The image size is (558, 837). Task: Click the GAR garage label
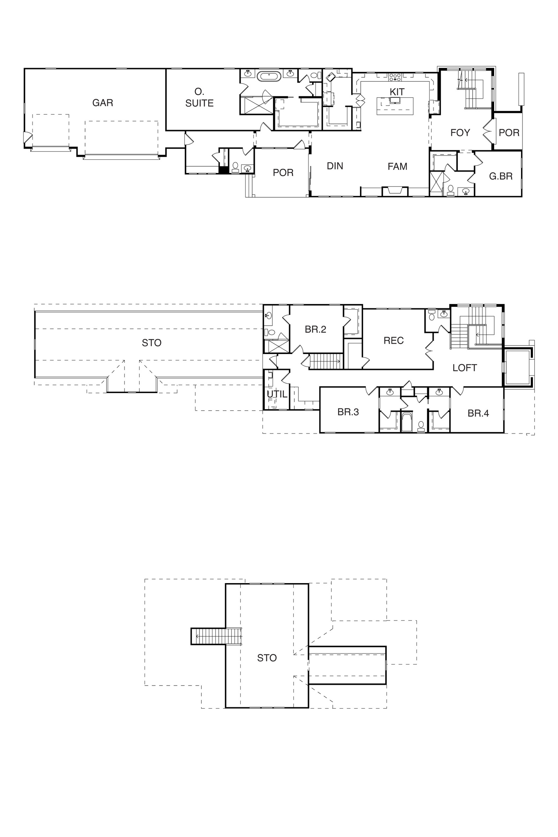tap(103, 103)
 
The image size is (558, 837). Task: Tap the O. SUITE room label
tap(199, 98)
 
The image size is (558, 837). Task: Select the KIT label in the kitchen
tap(397, 92)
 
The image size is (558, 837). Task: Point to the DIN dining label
tap(335, 166)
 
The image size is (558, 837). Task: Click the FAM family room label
tap(398, 166)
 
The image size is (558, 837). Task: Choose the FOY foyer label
tap(460, 133)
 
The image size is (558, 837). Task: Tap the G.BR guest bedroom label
tap(501, 176)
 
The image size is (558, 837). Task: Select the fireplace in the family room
tap(395, 191)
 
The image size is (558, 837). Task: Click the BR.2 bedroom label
tap(315, 330)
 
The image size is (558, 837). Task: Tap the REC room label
tap(394, 341)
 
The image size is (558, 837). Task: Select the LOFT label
tap(465, 368)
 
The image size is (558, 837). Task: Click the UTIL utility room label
tap(277, 394)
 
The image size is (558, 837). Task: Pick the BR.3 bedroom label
tap(348, 412)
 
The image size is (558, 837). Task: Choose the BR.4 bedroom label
tap(478, 413)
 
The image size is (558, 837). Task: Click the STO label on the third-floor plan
tap(267, 658)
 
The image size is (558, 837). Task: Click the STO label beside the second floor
tap(152, 343)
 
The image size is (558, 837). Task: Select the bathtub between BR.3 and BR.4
tap(406, 422)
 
